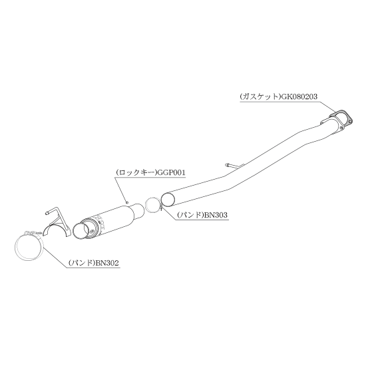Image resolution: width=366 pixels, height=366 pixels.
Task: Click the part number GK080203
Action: [299, 96]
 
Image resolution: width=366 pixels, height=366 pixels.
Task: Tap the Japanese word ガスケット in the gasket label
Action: [260, 96]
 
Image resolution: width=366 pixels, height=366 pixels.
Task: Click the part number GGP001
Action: [172, 173]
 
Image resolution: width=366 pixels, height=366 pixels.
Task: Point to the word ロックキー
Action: [137, 173]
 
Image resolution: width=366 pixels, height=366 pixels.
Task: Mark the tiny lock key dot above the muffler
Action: [128, 202]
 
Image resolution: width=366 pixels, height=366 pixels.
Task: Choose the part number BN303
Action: [216, 215]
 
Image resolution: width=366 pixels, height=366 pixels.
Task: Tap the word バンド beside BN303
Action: [190, 215]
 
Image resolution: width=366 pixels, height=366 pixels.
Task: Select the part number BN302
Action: [107, 263]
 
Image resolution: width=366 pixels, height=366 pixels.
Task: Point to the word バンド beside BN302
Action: [82, 263]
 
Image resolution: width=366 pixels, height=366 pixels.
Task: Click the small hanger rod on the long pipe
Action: [234, 166]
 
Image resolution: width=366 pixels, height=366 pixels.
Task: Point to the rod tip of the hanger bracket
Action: [47, 213]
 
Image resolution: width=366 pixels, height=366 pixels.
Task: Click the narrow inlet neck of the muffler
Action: [139, 210]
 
